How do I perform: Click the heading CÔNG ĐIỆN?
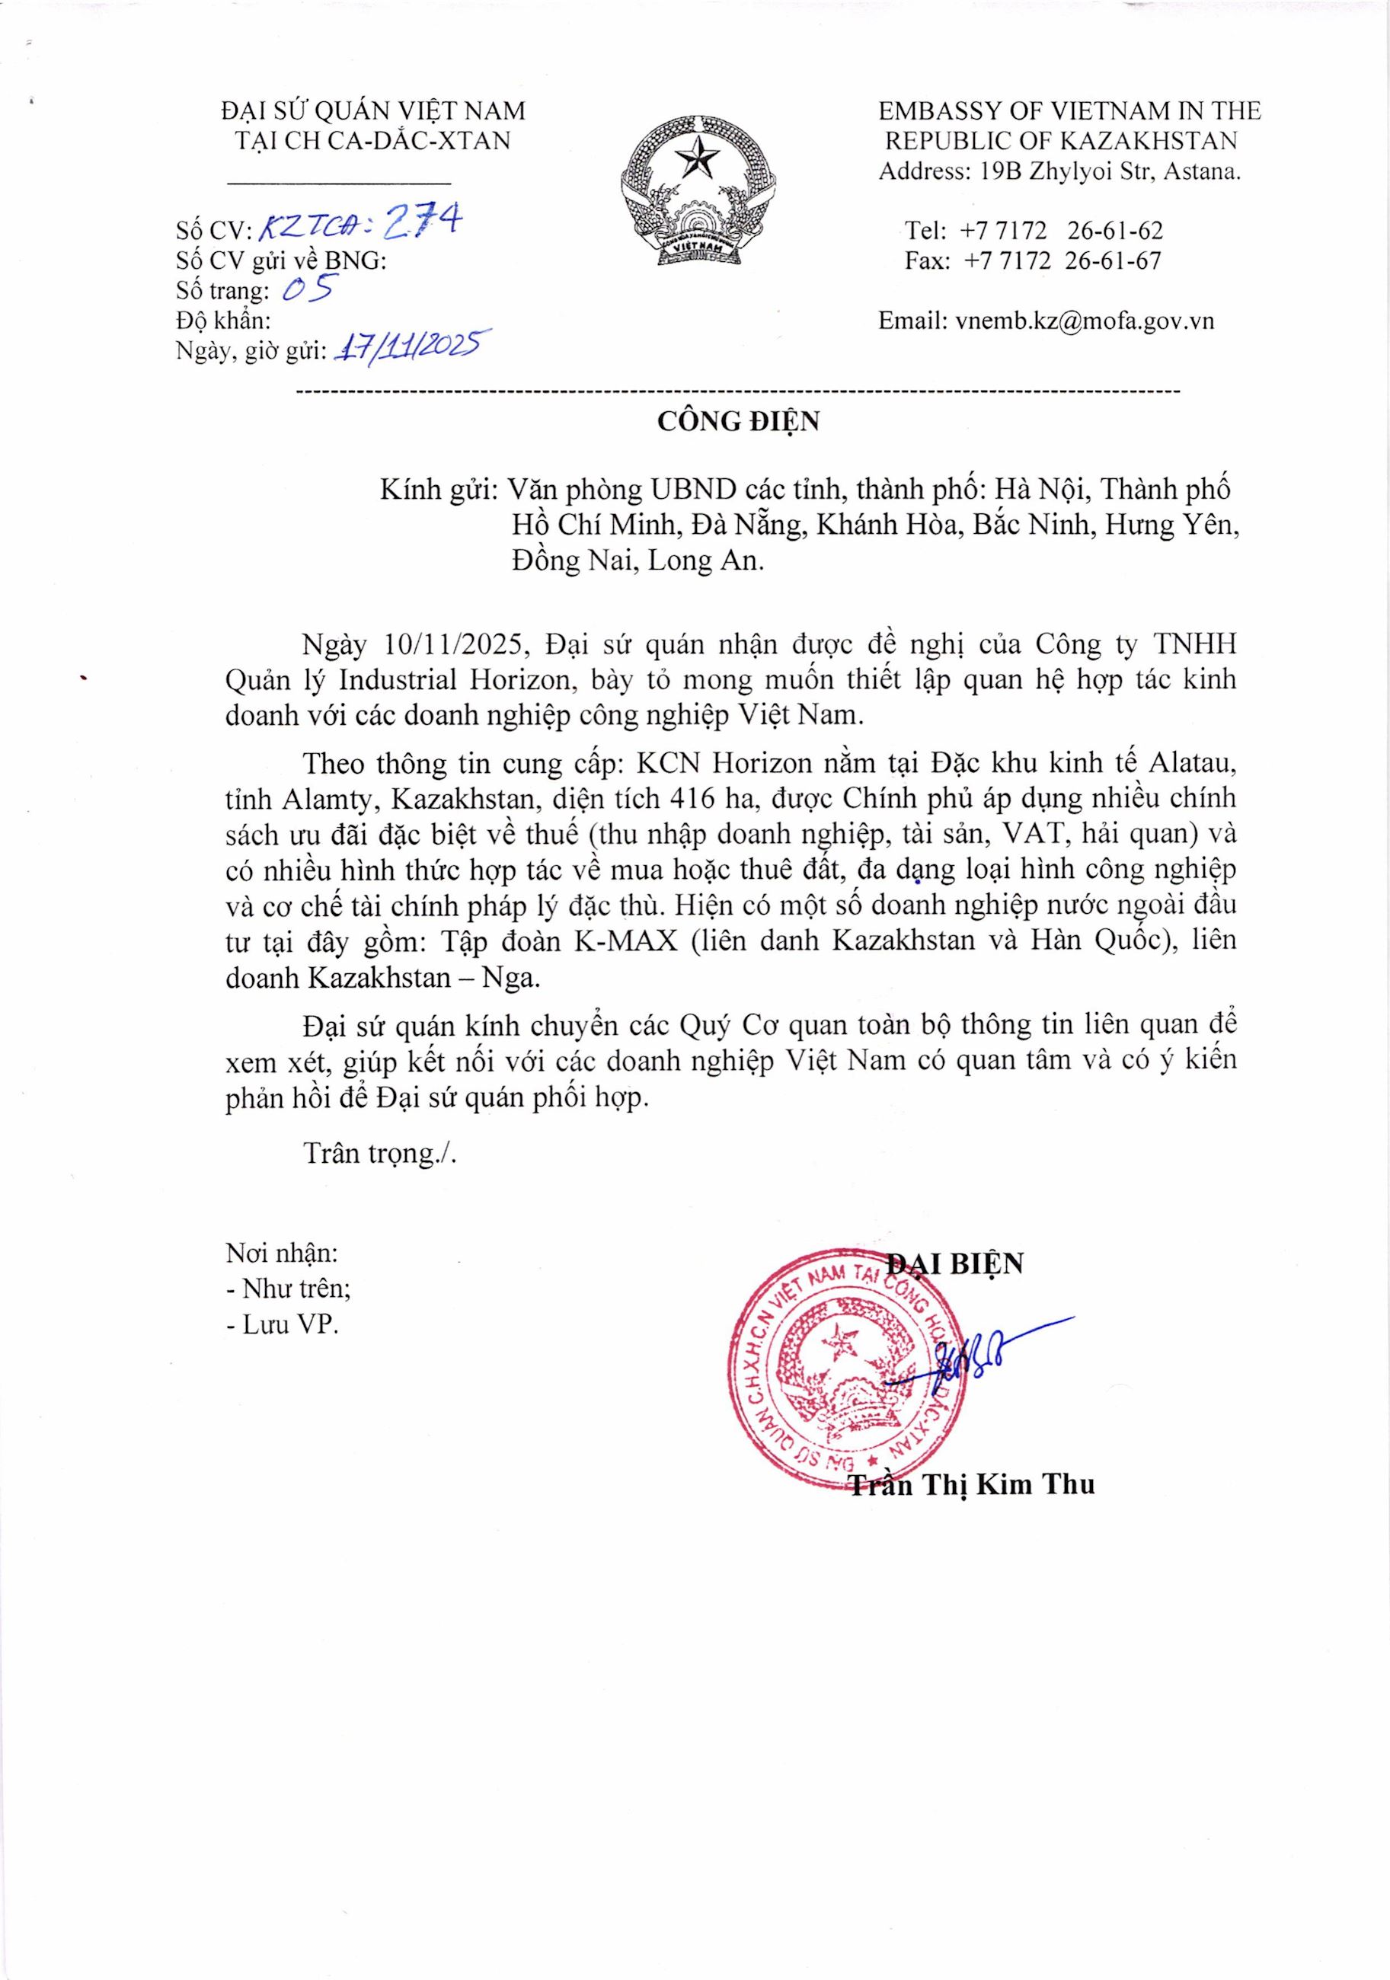point(737,422)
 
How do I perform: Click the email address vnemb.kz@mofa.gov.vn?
point(1084,321)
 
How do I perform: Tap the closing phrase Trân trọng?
point(378,1153)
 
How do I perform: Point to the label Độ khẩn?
point(223,321)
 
